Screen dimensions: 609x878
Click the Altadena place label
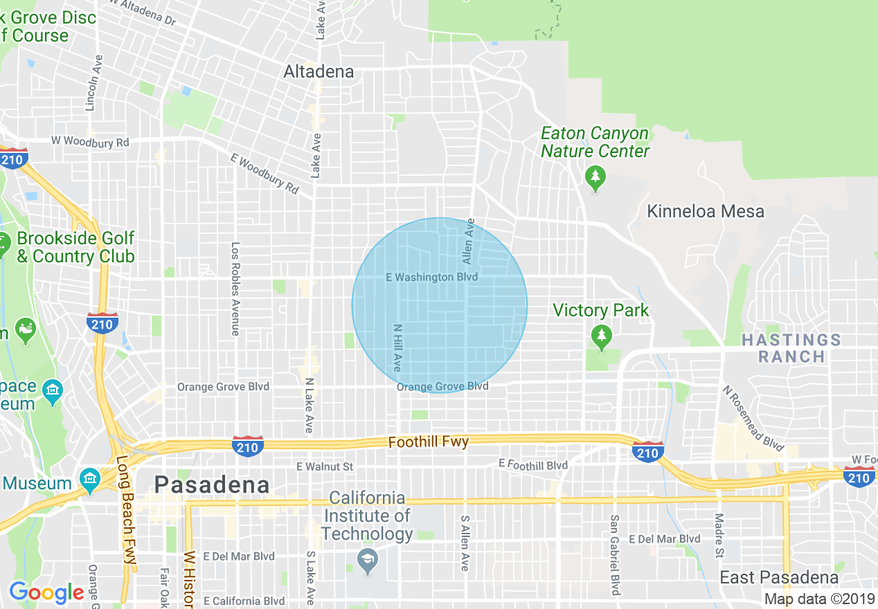coord(319,71)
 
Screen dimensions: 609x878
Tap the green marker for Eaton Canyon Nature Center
coord(595,178)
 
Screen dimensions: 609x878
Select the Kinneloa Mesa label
coord(706,211)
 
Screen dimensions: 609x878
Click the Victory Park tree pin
coord(602,337)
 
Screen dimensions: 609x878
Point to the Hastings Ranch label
coord(791,348)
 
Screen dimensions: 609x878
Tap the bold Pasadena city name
coord(212,484)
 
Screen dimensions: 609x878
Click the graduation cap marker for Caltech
coord(368,562)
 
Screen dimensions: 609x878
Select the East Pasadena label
coord(779,577)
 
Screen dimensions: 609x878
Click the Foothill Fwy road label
coord(429,442)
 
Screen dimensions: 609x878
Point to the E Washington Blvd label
coord(431,278)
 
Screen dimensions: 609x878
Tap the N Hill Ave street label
coord(397,348)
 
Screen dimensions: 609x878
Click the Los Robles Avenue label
coord(235,289)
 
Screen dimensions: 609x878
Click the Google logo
coord(46,592)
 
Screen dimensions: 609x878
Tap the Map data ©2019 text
coord(818,599)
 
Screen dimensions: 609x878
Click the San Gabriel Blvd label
coord(613,554)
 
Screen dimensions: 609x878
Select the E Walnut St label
coord(325,466)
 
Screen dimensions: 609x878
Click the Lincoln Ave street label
coord(90,83)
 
